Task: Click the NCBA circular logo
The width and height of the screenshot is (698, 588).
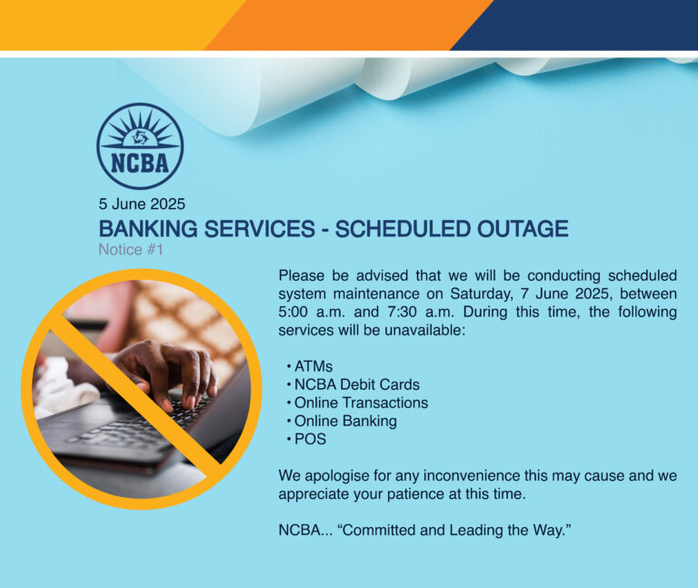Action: (140, 145)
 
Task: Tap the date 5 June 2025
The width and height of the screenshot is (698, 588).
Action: (143, 204)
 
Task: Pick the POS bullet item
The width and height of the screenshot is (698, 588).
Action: (310, 439)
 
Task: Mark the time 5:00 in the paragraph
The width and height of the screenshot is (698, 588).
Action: (295, 312)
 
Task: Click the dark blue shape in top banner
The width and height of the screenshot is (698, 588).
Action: (582, 24)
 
